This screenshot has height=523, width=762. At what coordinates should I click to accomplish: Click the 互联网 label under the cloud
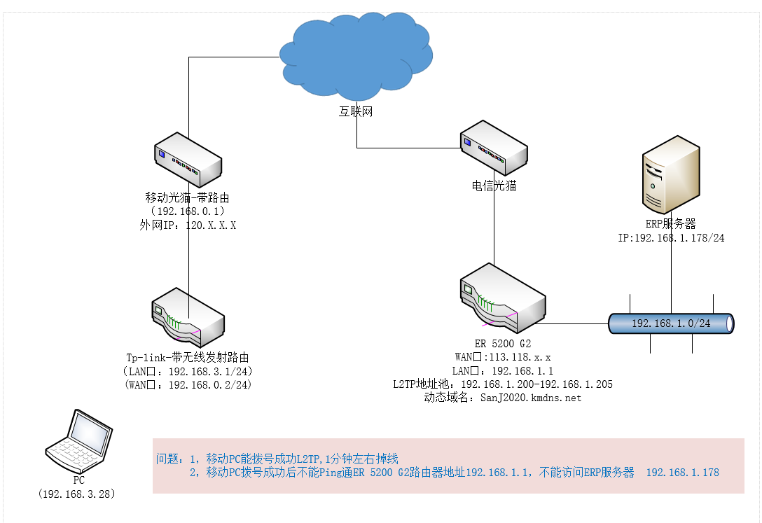click(356, 111)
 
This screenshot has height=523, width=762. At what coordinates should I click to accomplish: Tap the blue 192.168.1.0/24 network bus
click(671, 323)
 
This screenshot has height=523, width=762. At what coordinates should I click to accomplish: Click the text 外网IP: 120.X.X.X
click(188, 225)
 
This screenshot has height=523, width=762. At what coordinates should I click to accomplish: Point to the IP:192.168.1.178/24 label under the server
click(670, 238)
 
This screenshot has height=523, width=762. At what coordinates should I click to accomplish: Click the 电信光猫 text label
click(494, 186)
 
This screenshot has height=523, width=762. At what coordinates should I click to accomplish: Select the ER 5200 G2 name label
click(502, 344)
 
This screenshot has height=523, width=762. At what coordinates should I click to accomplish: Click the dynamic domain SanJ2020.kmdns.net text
click(502, 397)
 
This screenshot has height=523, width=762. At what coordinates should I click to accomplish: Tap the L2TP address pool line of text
click(502, 384)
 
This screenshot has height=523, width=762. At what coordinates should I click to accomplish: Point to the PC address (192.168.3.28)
click(78, 494)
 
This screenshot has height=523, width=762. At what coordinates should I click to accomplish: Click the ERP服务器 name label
click(670, 224)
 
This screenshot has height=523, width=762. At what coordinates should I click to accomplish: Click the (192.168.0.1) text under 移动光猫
click(187, 211)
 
